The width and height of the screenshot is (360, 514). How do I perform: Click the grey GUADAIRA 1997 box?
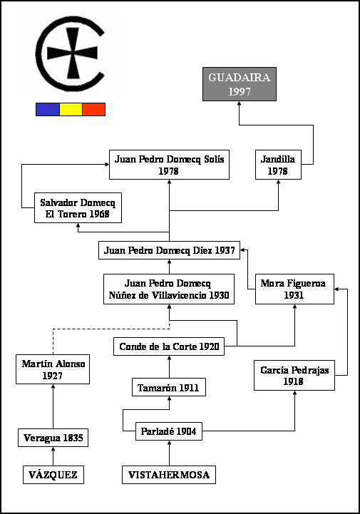point(240,84)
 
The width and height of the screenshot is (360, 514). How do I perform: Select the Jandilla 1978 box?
point(278,165)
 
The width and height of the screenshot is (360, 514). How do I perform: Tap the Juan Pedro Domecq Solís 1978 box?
point(169,165)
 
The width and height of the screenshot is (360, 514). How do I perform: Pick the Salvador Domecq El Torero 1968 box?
point(78,208)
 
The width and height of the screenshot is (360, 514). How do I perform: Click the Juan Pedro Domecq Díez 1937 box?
point(169,250)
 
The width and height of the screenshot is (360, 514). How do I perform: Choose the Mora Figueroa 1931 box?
point(294,289)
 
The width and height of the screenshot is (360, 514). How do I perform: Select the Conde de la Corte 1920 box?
point(169,346)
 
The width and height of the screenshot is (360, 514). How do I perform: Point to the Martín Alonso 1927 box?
point(53,369)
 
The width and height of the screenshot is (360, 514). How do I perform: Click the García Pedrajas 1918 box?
point(294,375)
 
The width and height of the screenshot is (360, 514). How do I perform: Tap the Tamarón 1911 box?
point(169,387)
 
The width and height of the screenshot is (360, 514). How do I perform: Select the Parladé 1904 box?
point(169,431)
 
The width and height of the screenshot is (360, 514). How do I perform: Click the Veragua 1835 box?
point(53,438)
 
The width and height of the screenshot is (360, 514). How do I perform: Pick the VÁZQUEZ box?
point(53,475)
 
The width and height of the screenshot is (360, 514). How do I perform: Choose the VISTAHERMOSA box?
point(169,475)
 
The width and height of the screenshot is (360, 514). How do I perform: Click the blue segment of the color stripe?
point(48,109)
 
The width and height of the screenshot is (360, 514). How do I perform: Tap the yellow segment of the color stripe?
point(71,109)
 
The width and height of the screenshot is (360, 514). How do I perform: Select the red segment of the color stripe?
point(94,109)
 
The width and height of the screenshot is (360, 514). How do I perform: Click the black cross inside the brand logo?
point(73,53)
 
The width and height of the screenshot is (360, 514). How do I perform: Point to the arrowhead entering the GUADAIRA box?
point(239,103)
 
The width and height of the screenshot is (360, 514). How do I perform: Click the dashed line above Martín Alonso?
point(110,329)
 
